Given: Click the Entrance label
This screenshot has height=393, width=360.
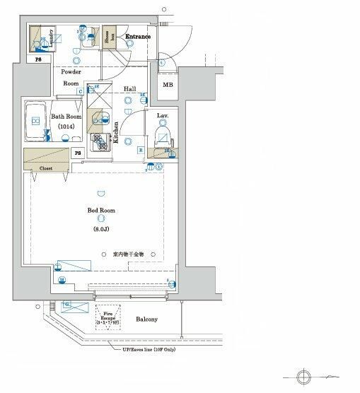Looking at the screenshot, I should tap(139, 35).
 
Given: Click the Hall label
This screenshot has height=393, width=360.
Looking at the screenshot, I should tap(130, 88).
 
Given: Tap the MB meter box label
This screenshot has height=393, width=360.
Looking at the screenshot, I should tap(167, 86).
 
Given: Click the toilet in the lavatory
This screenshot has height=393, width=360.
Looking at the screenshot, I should tap(163, 135).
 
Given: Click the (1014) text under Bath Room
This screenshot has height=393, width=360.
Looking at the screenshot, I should tap(67, 127).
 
